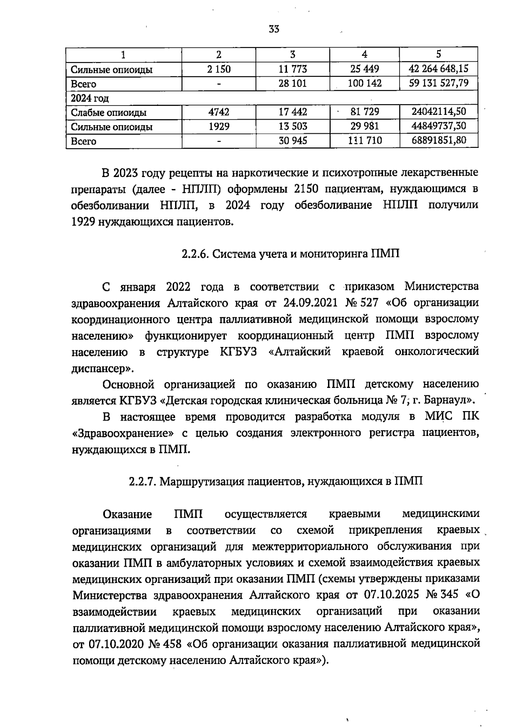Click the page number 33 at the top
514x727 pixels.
pyautogui.click(x=274, y=29)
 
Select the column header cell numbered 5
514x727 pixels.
pyautogui.click(x=438, y=54)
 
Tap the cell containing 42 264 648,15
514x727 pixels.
pyautogui.click(x=439, y=69)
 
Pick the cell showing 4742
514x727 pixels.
pyautogui.click(x=218, y=112)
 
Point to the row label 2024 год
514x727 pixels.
pyautogui.click(x=90, y=98)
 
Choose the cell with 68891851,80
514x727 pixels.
pyautogui.click(x=439, y=140)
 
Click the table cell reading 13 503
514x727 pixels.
pyautogui.click(x=293, y=126)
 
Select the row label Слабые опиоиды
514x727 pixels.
pyautogui.click(x=109, y=113)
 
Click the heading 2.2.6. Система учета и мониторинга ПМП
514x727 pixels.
pyautogui.click(x=290, y=254)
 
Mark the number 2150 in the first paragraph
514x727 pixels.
pyautogui.click(x=311, y=189)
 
